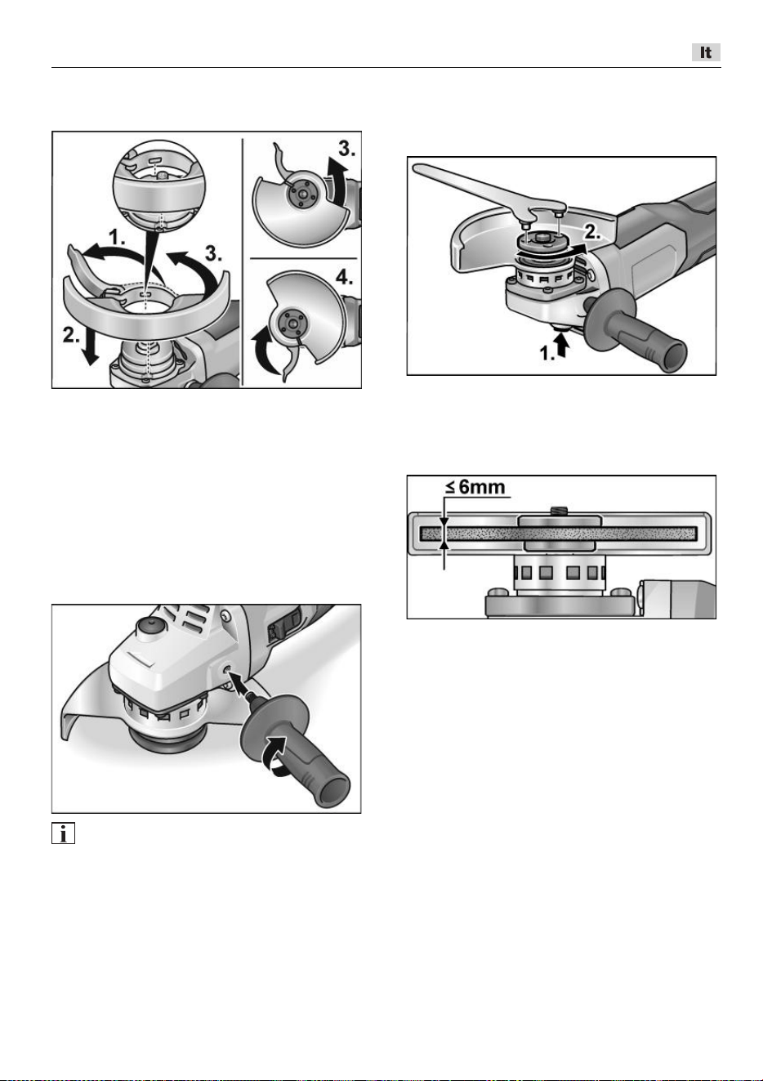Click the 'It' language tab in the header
tap(706, 52)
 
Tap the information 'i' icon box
tap(63, 833)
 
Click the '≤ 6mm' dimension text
tap(475, 486)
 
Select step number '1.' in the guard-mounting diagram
tap(117, 238)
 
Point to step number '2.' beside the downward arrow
tap(71, 334)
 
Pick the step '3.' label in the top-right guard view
tap(346, 149)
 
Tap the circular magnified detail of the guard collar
tap(159, 185)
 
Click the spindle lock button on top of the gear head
tap(147, 626)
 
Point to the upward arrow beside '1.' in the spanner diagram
tap(562, 346)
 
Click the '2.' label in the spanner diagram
tap(593, 232)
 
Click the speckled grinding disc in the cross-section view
tap(559, 533)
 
